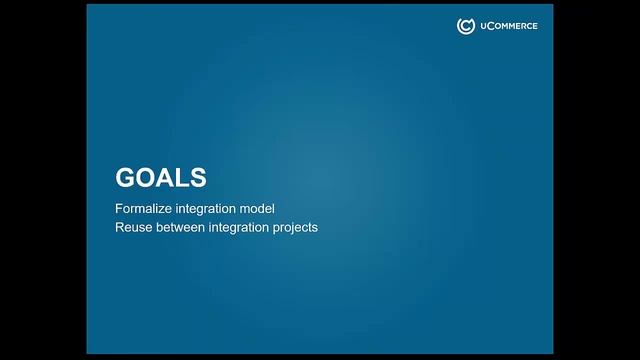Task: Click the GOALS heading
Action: (x=161, y=177)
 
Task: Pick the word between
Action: (x=181, y=227)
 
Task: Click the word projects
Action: (x=297, y=227)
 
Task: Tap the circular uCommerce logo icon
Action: (x=465, y=26)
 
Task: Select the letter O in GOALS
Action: (x=146, y=177)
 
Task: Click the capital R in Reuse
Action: (x=120, y=227)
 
